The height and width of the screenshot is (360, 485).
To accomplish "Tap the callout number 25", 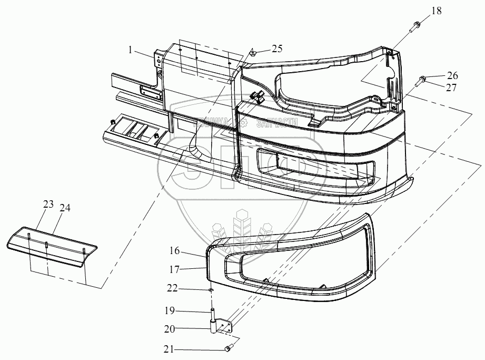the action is point(276,48).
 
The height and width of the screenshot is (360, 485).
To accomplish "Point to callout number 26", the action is point(452,75).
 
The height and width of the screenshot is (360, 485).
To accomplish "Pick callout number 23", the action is point(48,205).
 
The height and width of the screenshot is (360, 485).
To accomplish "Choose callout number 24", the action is point(65,208).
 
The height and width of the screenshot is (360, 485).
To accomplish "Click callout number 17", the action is point(174,269).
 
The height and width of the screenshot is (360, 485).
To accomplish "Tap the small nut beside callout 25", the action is point(252,52).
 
